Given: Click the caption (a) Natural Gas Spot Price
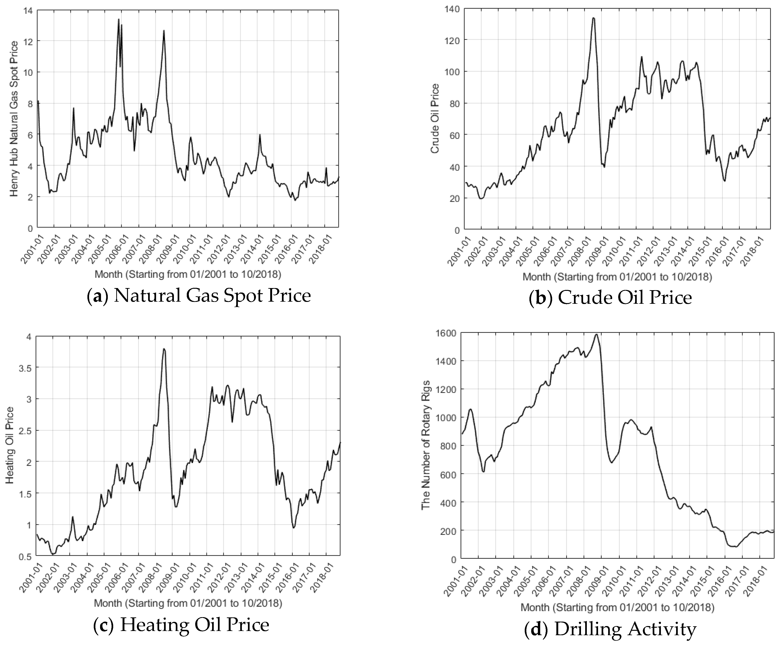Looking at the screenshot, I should [x=199, y=296].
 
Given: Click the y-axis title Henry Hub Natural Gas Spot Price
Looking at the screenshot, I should [x=14, y=119].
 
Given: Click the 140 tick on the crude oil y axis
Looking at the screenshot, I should [x=452, y=8].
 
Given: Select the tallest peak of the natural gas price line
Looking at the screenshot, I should [x=119, y=19].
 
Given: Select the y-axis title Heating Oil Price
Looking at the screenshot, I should [x=10, y=445].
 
